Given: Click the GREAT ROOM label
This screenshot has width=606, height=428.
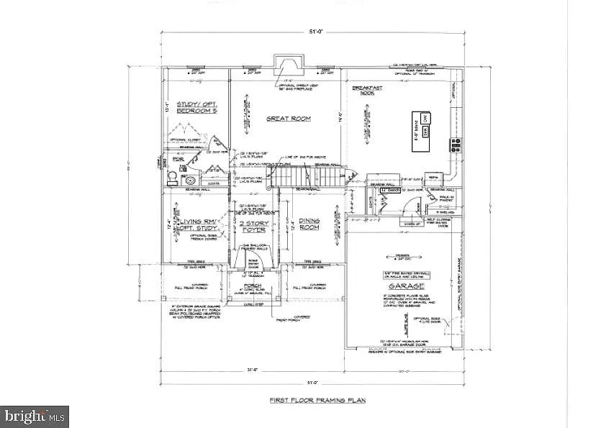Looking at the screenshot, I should point(288,119).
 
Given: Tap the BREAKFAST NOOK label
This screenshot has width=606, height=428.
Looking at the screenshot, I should point(366,91).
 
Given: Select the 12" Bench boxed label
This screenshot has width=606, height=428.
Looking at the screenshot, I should point(389,189).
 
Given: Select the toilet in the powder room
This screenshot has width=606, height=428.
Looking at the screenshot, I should point(190,180).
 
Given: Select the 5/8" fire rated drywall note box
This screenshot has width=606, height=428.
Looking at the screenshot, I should point(399,274).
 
